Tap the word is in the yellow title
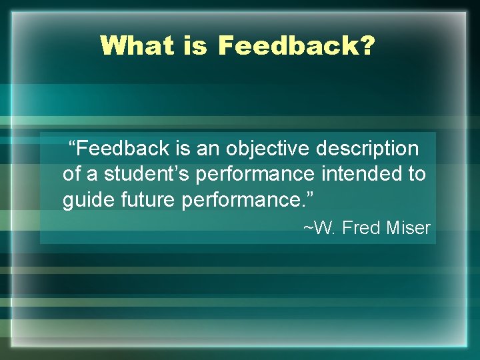[194, 46]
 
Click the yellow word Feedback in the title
[289, 46]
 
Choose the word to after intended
[417, 175]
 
